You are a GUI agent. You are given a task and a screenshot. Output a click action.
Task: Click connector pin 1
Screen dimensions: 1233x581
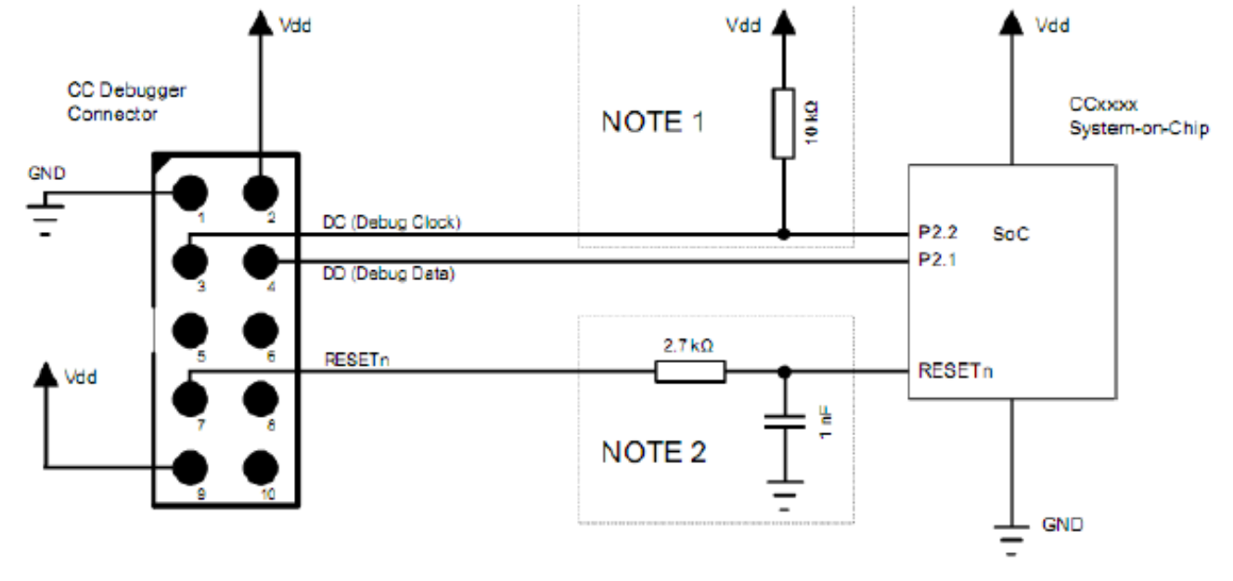pos(190,193)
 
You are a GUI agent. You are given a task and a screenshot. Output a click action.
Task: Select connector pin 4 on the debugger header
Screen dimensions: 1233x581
pos(261,262)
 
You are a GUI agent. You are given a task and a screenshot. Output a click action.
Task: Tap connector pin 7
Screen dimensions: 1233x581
pos(190,399)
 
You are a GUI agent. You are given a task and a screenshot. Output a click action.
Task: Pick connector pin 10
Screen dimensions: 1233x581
pos(261,468)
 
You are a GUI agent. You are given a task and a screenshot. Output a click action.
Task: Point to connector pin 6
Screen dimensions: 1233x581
pos(261,330)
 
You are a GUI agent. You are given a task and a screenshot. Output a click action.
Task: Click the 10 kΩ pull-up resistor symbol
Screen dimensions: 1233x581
pos(783,123)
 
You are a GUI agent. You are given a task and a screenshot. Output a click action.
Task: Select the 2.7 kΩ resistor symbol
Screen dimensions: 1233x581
pos(690,372)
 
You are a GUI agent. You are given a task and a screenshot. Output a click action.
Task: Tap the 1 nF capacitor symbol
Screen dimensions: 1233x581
pos(785,422)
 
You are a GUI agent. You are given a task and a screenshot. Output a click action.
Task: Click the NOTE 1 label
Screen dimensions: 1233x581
pos(653,122)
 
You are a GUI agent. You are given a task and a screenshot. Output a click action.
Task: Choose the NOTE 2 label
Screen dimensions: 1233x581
pos(653,452)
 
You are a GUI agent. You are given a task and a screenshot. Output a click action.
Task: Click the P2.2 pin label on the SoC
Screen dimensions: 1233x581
pos(938,232)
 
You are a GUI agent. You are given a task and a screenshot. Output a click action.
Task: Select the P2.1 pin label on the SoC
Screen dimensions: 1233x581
pos(937,259)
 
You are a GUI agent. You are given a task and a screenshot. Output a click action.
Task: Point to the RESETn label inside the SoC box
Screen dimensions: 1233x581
pos(956,370)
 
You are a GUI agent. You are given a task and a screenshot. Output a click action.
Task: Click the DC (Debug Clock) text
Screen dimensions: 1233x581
pos(392,222)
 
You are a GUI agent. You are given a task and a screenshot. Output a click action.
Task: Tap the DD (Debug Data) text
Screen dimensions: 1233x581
pos(389,273)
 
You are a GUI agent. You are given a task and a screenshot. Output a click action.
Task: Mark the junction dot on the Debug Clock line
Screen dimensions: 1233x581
pos(783,234)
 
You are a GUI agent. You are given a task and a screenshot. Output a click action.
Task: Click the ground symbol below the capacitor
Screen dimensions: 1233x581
pos(785,496)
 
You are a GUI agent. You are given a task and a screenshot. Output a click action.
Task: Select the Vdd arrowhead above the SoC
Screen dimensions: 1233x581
pos(1011,23)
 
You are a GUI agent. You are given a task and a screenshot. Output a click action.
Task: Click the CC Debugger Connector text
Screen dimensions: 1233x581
pos(126,102)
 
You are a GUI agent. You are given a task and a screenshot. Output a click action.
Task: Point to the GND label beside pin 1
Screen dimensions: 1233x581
pos(46,174)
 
